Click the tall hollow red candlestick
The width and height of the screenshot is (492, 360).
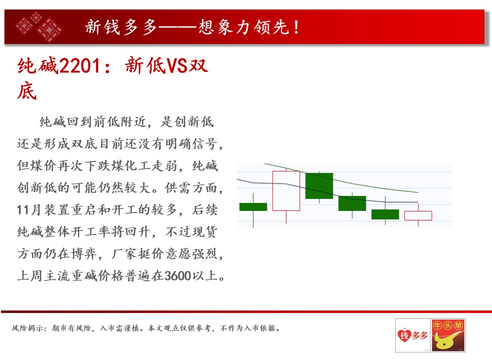click(x=286, y=190)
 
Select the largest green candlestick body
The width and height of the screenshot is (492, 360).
click(x=319, y=185)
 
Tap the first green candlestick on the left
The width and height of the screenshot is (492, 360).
click(x=253, y=206)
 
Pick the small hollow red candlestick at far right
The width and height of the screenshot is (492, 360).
click(x=418, y=215)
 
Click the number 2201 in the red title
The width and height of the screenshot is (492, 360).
click(x=80, y=66)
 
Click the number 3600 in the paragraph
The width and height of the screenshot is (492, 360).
click(x=178, y=275)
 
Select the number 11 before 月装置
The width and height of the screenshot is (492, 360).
click(x=24, y=209)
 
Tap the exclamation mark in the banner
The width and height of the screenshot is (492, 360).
click(x=296, y=27)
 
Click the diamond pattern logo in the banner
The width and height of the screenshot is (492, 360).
click(x=39, y=26)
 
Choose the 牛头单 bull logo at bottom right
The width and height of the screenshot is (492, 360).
click(x=448, y=335)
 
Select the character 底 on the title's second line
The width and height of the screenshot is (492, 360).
click(x=27, y=91)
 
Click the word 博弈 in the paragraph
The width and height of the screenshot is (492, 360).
click(x=84, y=253)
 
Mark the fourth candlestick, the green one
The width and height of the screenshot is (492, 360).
click(x=352, y=203)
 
